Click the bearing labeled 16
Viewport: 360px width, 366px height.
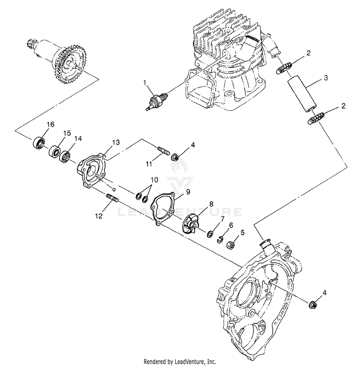click(x=38, y=142)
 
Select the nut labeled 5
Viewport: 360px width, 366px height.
click(x=230, y=244)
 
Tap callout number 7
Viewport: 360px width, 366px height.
click(x=222, y=219)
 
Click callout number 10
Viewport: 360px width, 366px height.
click(x=154, y=180)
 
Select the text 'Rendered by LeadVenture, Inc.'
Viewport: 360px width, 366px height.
click(x=180, y=360)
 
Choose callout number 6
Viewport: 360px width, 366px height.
click(x=231, y=225)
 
